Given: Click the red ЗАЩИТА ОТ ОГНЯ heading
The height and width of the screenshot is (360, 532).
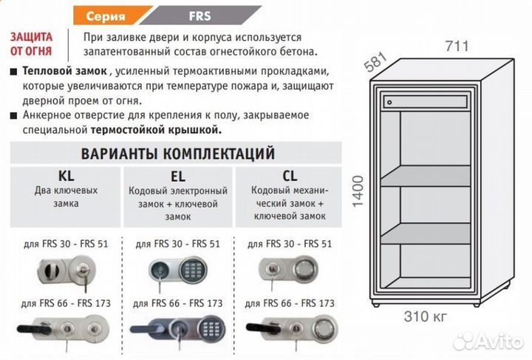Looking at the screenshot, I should coord(32,44).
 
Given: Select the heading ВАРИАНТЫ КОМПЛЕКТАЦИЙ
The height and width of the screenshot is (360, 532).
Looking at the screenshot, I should coord(177,154).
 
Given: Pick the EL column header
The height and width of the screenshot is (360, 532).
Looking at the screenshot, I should coord(178,176).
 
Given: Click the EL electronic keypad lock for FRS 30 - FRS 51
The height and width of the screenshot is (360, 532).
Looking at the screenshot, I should coord(176,270).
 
